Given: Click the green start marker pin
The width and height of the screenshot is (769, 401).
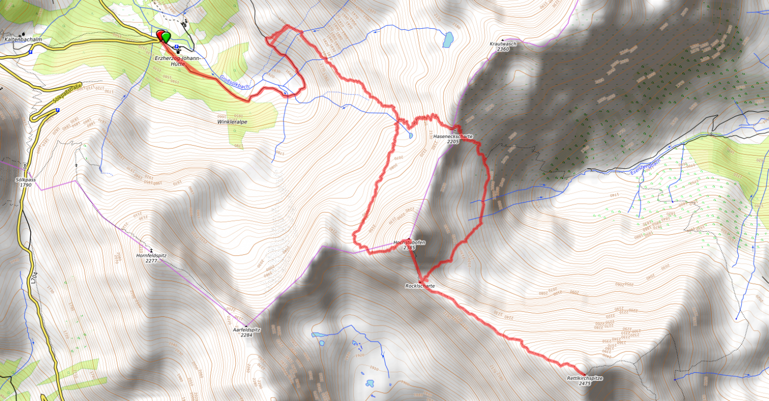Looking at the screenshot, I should pyautogui.click(x=166, y=36).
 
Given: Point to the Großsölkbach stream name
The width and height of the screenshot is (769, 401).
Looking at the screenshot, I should pyautogui.click(x=234, y=82).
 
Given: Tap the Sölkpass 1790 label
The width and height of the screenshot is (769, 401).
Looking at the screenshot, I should pyautogui.click(x=26, y=182).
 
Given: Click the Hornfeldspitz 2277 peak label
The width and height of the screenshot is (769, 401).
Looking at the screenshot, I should pyautogui.click(x=151, y=258).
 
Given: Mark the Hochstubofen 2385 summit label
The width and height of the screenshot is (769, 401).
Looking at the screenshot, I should pyautogui.click(x=409, y=245).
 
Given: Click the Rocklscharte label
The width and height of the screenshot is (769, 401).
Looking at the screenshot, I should pyautogui.click(x=419, y=286).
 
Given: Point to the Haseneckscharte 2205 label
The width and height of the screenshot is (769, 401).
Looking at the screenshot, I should pyautogui.click(x=452, y=138).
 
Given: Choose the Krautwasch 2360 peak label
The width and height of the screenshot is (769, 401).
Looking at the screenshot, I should pyautogui.click(x=502, y=46).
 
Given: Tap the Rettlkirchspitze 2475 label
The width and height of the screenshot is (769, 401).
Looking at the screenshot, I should pyautogui.click(x=585, y=380).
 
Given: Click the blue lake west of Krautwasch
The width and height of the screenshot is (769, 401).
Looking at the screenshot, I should pyautogui.click(x=448, y=39).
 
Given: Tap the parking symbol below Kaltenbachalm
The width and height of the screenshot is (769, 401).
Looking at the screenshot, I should pyautogui.click(x=31, y=52).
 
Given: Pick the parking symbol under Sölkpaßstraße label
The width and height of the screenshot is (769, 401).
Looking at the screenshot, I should pyautogui.click(x=57, y=110).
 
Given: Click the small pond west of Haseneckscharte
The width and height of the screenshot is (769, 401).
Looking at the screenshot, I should pyautogui.click(x=411, y=135).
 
